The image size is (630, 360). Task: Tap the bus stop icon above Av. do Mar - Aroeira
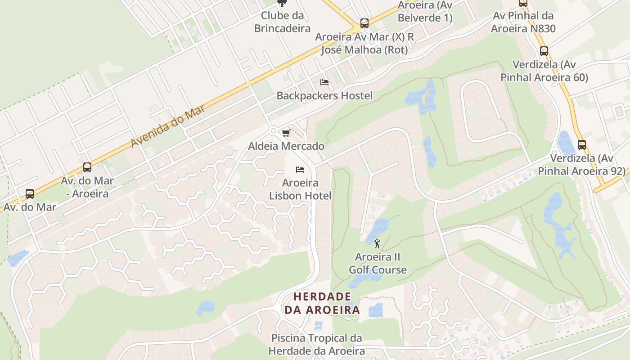[87, 167]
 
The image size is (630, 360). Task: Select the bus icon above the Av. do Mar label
[30, 194]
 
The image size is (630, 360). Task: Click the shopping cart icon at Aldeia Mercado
[286, 133]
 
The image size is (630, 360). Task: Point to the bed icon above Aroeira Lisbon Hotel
[300, 170]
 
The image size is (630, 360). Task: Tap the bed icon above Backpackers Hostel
[324, 82]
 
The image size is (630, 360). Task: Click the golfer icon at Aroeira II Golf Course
[377, 244]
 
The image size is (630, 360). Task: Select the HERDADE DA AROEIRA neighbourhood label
[322, 303]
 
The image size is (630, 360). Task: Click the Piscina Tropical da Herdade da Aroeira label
[316, 344]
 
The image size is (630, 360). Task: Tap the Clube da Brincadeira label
[282, 22]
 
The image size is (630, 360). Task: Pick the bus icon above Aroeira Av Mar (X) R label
[364, 23]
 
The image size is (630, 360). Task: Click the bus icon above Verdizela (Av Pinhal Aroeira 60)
[544, 51]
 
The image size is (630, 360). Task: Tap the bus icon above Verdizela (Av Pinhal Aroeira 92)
[581, 145]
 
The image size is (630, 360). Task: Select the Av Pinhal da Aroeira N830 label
[523, 22]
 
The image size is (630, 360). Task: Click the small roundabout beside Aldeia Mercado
[273, 131]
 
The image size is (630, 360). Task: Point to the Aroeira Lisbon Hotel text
[300, 189]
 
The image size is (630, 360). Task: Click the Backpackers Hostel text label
[324, 95]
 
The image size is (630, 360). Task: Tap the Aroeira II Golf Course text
[378, 263]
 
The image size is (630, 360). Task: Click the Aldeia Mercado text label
[286, 146]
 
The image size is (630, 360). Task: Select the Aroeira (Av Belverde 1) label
[425, 12]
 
